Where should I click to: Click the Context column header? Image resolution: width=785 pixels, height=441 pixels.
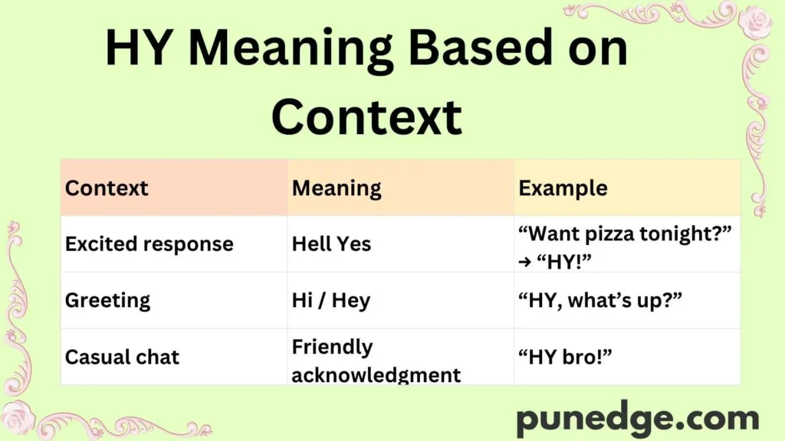pos(107,188)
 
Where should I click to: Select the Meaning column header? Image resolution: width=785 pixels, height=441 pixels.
pos(337,188)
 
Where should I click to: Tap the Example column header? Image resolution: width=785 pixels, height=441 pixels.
pos(563,188)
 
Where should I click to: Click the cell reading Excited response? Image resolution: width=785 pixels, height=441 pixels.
pos(149,244)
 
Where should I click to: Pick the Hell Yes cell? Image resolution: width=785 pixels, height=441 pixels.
pos(331,244)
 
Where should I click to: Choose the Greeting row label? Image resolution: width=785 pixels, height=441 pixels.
pos(107,301)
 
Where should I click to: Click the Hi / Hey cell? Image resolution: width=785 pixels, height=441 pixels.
pos(330,301)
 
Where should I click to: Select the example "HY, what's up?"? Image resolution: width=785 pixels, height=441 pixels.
pos(598,301)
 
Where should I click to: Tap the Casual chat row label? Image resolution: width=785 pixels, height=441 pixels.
pos(122,357)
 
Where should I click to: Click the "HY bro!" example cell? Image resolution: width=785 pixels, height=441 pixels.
pos(569,357)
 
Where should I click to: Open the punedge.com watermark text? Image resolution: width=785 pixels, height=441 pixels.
pos(637,419)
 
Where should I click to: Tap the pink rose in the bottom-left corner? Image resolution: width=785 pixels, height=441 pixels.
pos(18,416)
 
